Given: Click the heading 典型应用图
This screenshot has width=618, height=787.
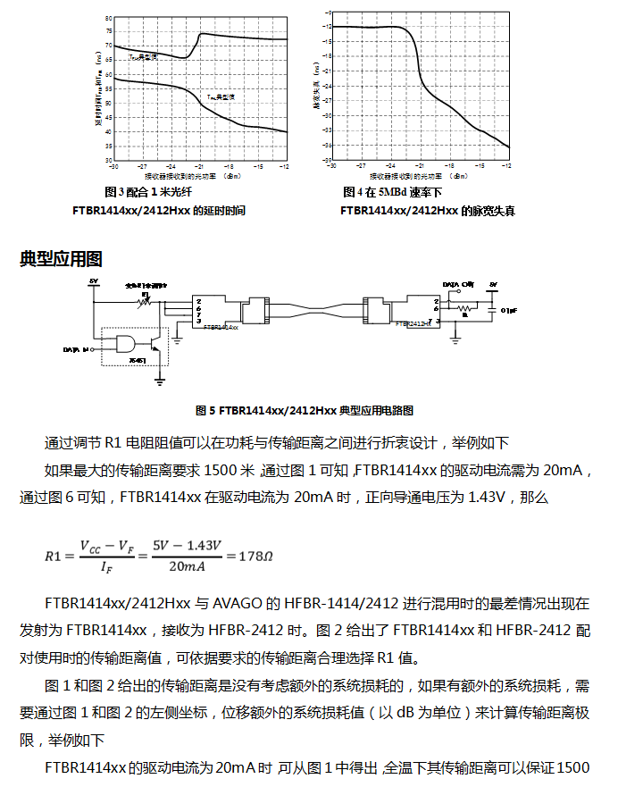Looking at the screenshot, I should pos(61,259).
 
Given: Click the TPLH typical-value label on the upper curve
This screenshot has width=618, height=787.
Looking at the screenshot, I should pos(143,57).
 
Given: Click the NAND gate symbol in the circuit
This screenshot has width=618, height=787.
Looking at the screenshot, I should pos(127,344).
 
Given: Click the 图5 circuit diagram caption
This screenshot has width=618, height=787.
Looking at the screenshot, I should pos(304,411).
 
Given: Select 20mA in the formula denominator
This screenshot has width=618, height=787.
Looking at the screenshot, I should pos(185,566).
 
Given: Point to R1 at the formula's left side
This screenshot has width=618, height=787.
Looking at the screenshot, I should pos(52,556).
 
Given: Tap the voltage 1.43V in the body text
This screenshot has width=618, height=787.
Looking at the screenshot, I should pos(485,497).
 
